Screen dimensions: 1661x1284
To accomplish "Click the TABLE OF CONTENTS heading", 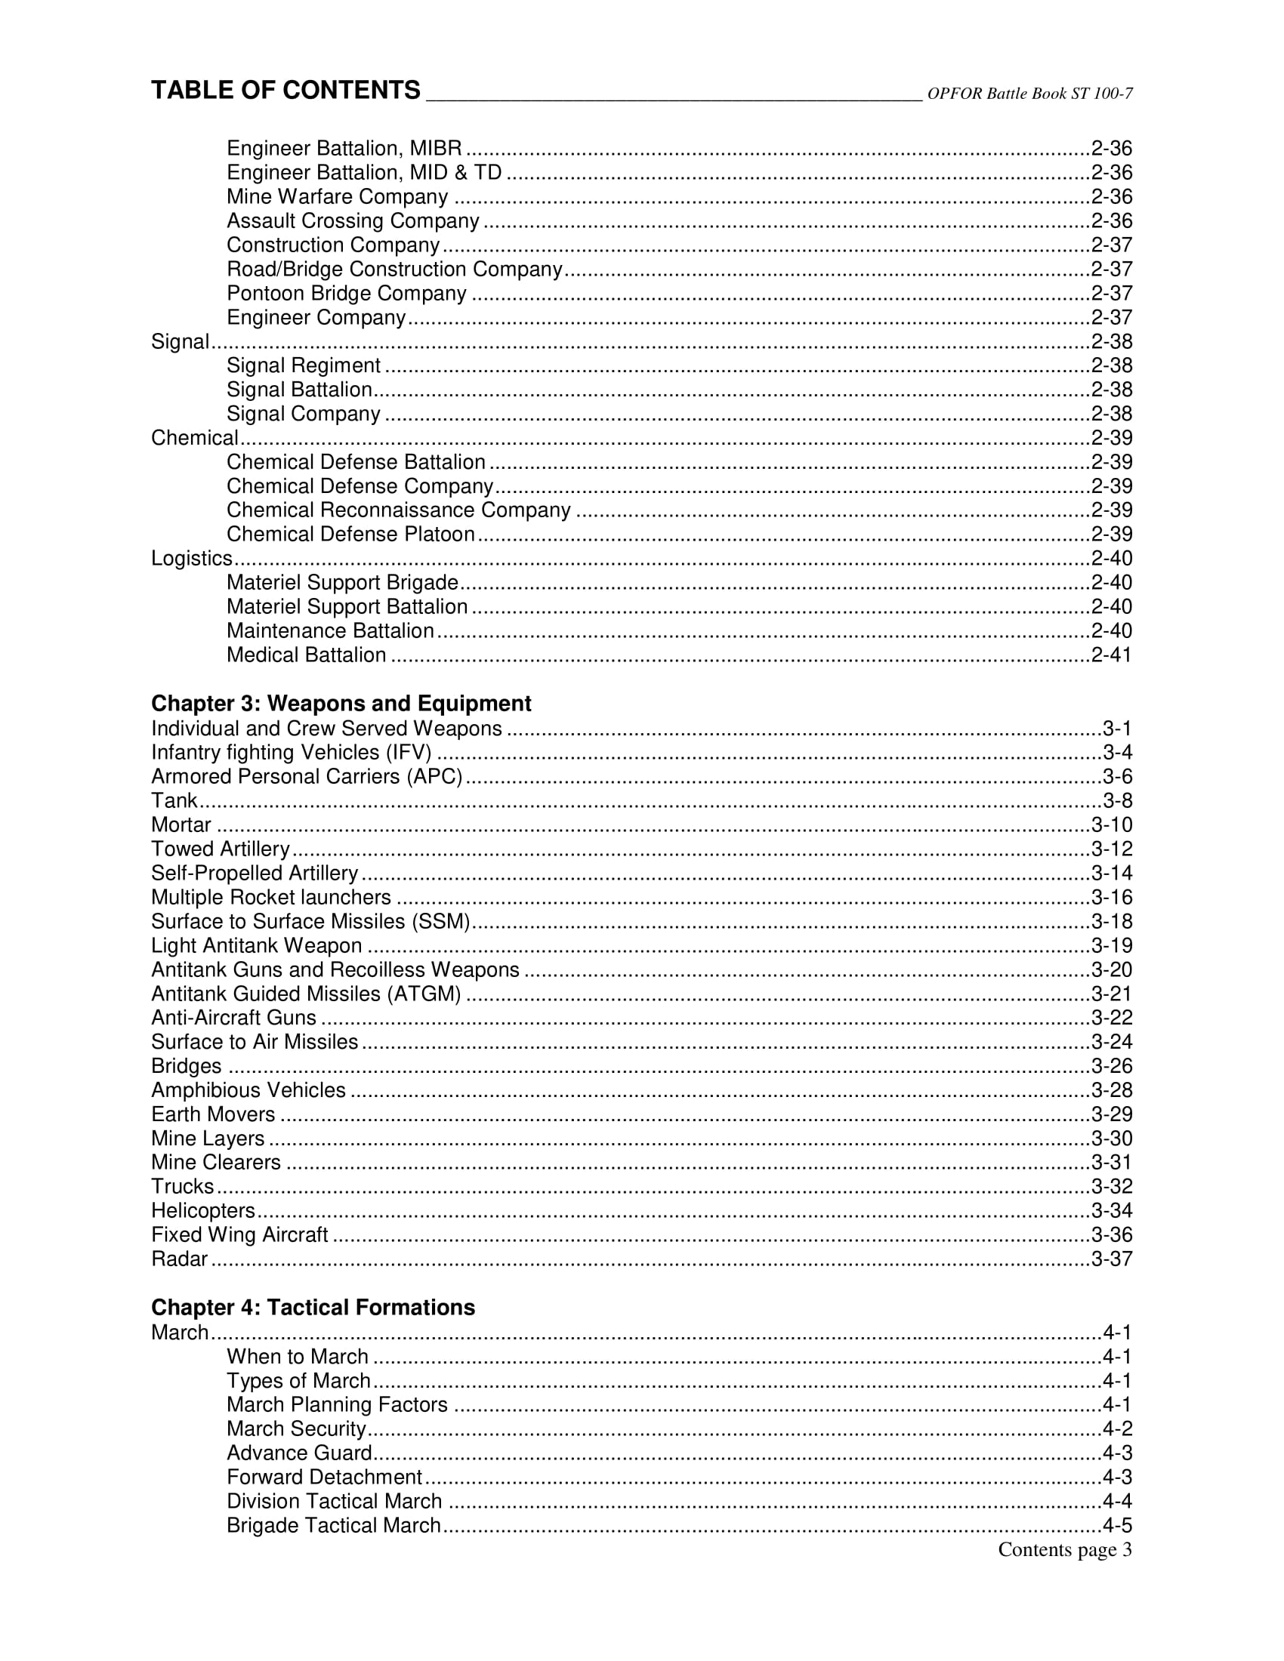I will click(x=286, y=91).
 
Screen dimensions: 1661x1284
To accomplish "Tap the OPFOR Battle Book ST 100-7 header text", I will click(x=1029, y=94).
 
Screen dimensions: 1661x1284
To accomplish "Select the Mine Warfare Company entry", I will click(x=337, y=197).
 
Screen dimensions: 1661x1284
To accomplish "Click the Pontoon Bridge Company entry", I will click(x=346, y=294).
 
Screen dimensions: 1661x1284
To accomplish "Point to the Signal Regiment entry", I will click(x=304, y=366).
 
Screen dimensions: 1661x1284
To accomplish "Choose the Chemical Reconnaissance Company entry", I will click(x=398, y=510).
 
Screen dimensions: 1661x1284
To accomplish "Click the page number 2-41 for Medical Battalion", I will click(x=1111, y=655).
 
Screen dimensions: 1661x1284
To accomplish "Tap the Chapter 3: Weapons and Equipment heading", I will click(x=341, y=704).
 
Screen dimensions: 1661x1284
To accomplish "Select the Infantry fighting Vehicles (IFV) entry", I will click(x=292, y=753).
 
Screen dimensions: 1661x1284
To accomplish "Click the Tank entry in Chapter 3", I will click(x=174, y=801).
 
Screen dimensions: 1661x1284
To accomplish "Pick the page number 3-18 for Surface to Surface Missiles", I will click(x=1111, y=922).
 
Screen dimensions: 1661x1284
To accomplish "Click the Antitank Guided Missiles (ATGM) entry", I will click(x=306, y=994).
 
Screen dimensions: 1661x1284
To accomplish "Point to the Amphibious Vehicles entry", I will click(x=248, y=1091).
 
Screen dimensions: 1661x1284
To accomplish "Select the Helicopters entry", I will click(x=203, y=1211).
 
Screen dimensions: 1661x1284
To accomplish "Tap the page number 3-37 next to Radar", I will click(x=1111, y=1259).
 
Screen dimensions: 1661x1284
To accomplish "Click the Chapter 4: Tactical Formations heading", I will click(x=313, y=1308).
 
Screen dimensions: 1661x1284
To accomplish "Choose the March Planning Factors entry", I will click(x=337, y=1405).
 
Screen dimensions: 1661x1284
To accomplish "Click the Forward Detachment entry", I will click(x=324, y=1477).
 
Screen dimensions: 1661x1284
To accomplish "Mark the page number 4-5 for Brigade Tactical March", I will click(x=1116, y=1526).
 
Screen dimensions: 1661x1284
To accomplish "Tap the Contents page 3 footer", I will click(x=1064, y=1550).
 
